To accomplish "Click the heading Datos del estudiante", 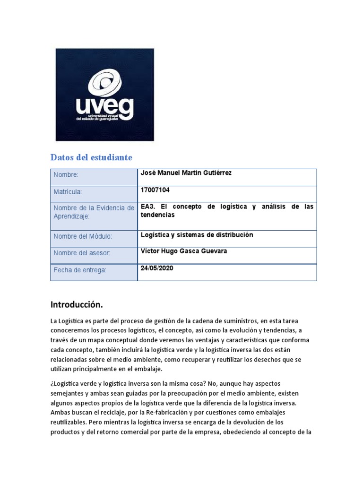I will [91, 157].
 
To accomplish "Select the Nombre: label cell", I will [66, 175].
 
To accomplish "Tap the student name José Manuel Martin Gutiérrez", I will [186, 173].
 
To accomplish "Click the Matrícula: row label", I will [68, 192].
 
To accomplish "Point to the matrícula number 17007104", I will [155, 190].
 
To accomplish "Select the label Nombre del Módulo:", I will [83, 236].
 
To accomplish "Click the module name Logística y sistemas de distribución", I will [197, 235].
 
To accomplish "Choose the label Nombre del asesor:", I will [82, 253].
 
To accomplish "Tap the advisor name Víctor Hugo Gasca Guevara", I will [184, 251].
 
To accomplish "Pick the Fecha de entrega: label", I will [80, 270].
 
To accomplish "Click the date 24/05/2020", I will [157, 268].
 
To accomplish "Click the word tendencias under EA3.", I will [158, 215].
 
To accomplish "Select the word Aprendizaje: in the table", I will [72, 216].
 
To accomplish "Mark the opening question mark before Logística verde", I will [52, 384].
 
